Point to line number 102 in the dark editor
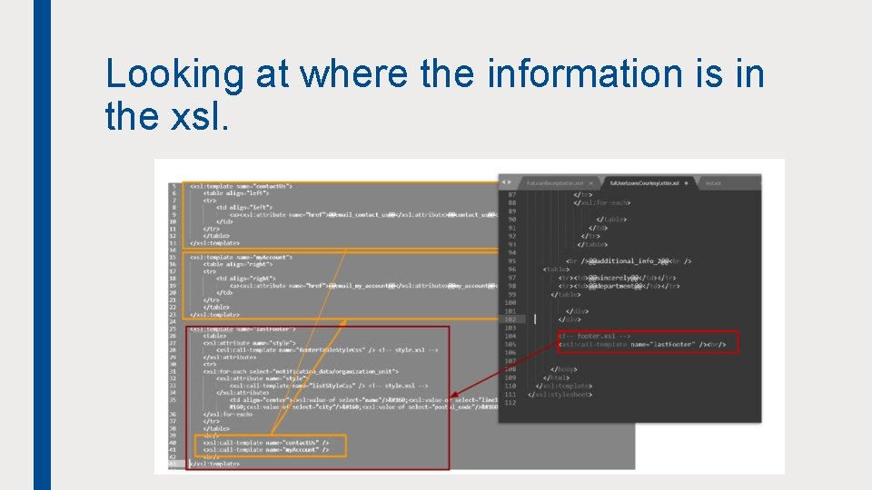510,318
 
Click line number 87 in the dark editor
510,195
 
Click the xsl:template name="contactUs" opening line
241,185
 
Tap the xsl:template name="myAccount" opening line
241,257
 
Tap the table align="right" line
238,264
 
